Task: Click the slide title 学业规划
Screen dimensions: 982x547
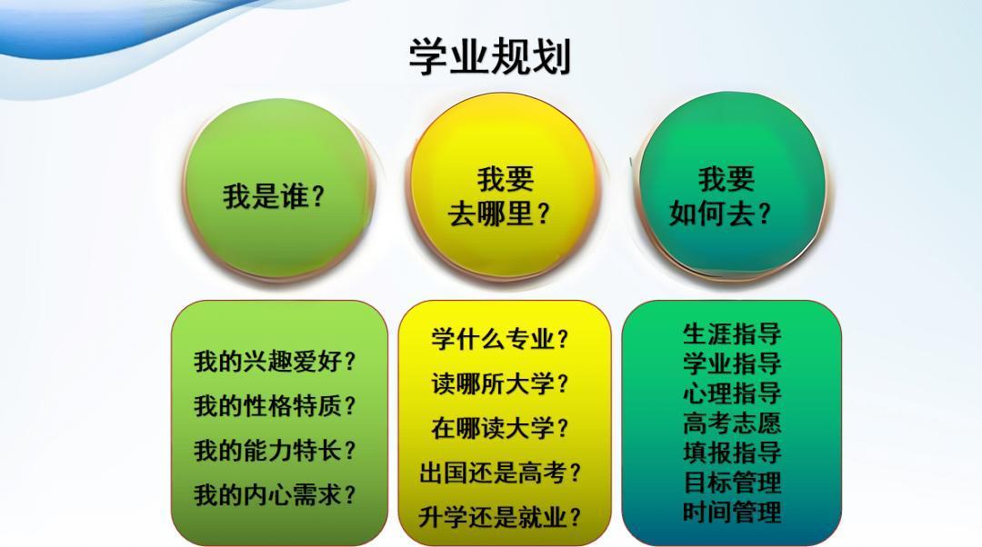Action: [490, 56]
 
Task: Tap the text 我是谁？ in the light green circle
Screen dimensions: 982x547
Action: [275, 196]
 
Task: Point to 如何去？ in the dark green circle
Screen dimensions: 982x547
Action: [720, 214]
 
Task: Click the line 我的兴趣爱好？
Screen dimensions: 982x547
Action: [275, 362]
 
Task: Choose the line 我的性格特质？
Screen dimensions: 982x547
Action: [275, 406]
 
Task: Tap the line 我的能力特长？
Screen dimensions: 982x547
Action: [275, 451]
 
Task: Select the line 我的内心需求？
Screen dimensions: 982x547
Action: [275, 495]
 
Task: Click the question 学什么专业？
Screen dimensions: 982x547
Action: [500, 339]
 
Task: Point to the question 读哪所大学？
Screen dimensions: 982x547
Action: [500, 383]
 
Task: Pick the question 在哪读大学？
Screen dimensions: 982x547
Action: [500, 428]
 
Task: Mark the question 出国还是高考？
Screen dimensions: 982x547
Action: [500, 472]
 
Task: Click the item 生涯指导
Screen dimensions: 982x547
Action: [732, 333]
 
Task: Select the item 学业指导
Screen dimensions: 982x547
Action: [732, 363]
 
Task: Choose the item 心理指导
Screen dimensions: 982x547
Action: [732, 393]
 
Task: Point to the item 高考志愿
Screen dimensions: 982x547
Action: [732, 423]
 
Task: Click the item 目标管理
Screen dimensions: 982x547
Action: [732, 482]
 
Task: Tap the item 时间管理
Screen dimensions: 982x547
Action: [732, 512]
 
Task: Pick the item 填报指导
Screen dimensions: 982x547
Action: [732, 453]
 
